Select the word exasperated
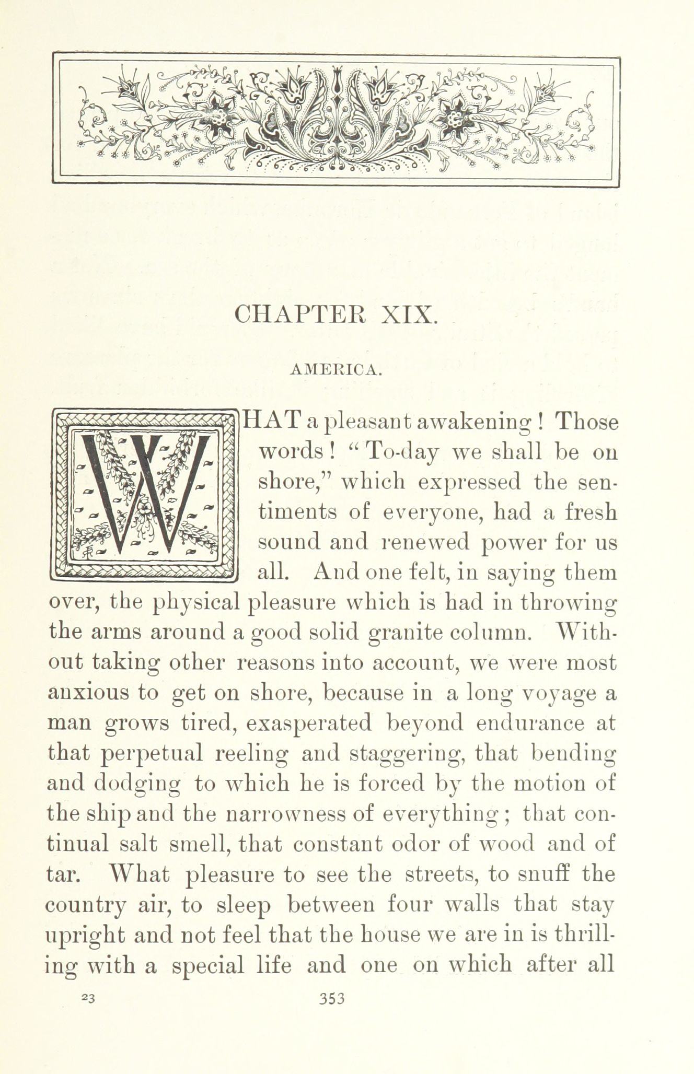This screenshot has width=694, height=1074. coord(309,723)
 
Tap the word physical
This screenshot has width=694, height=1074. coord(195,603)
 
